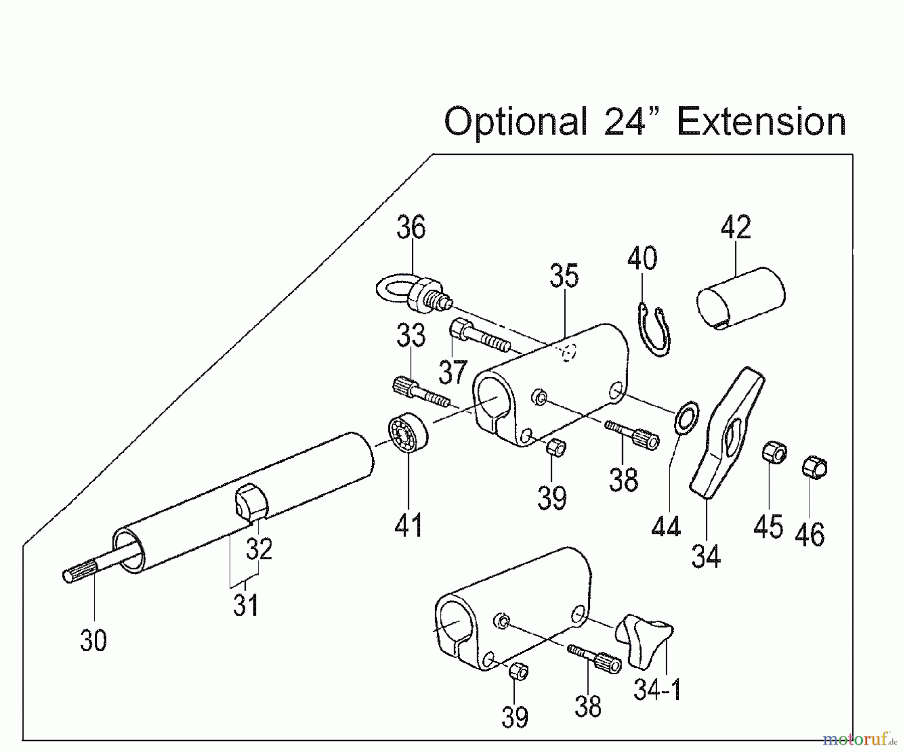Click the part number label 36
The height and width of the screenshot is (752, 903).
[x=411, y=228]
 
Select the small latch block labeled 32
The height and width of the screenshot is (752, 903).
[x=251, y=501]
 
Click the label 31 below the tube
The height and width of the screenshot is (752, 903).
[x=245, y=606]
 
